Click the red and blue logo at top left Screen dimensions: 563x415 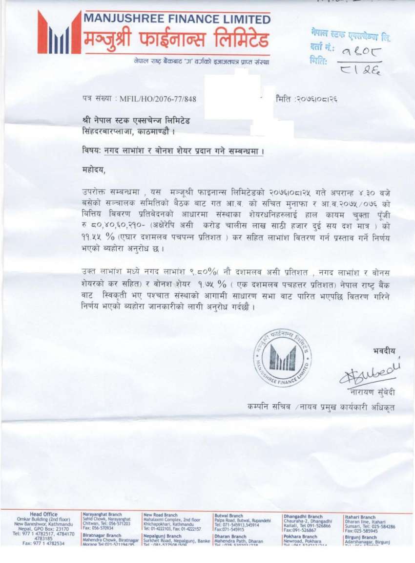click(59, 33)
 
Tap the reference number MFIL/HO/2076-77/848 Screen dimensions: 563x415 click(159, 99)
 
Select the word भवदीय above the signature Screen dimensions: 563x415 click(384, 350)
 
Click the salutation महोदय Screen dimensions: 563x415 click(93, 170)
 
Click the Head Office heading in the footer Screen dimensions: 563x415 click(43, 514)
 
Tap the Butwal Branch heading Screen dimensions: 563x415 click(229, 516)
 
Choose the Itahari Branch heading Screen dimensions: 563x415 click(360, 517)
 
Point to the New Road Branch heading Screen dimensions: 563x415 click(161, 515)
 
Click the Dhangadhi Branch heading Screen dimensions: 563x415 click(303, 517)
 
